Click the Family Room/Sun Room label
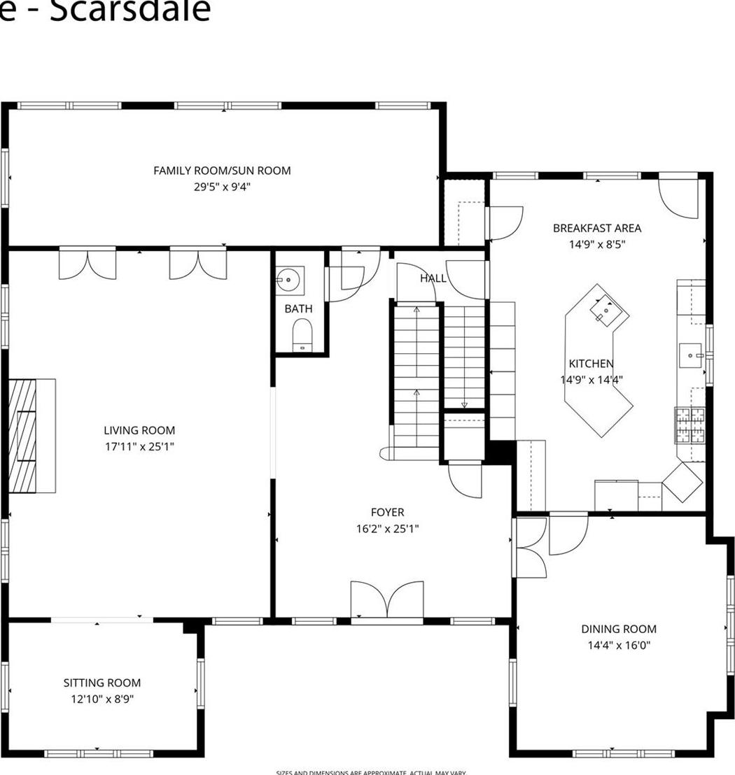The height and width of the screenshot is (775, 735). tap(222, 171)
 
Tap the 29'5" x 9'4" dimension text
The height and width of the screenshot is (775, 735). tap(222, 187)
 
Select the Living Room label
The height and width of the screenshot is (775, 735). tap(139, 431)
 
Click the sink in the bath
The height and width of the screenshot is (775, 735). tap(288, 280)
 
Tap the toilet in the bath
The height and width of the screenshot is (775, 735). tap(302, 334)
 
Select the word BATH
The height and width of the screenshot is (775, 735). tap(298, 308)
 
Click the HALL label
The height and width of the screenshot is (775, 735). tap(433, 278)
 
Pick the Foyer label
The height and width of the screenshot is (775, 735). tap(387, 513)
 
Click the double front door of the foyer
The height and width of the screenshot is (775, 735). tap(387, 601)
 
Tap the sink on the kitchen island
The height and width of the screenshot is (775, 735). tap(602, 310)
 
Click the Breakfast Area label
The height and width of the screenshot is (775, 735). tap(596, 228)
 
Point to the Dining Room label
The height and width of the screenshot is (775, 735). tap(619, 629)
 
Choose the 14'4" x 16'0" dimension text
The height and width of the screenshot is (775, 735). tap(619, 646)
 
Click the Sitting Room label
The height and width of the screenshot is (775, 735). tap(102, 683)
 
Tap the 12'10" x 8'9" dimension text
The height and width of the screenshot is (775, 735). tap(102, 699)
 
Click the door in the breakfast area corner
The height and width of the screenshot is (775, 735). tap(679, 197)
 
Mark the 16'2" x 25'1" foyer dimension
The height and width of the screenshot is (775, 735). tap(387, 529)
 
